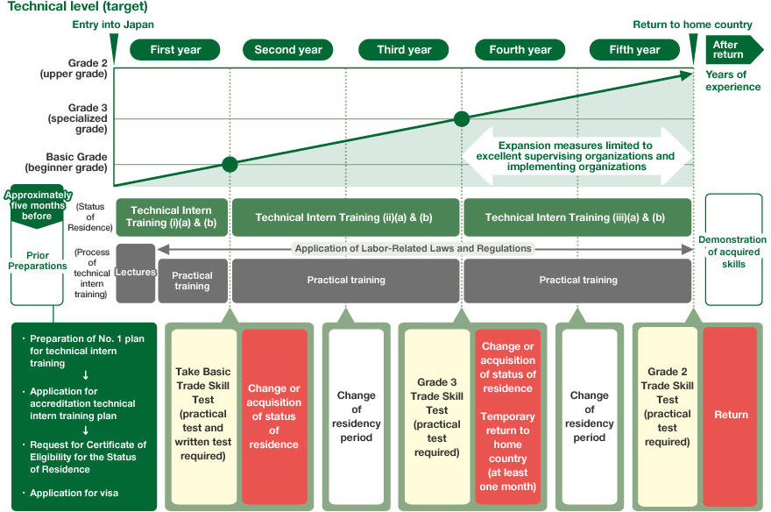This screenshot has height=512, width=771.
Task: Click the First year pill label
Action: pos(175,50)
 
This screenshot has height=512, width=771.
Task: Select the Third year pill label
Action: pos(404,50)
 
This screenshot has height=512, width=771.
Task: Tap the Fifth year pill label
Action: pos(634,50)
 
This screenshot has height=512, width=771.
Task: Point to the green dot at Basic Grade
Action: pos(230,164)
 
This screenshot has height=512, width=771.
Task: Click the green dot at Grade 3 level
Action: pos(462,118)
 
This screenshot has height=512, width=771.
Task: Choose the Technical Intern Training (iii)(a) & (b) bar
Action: pos(576,217)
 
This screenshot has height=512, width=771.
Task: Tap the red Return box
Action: pos(730,414)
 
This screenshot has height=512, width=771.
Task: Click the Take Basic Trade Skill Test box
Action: pos(203,414)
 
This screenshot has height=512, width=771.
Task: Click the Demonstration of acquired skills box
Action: pos(733,252)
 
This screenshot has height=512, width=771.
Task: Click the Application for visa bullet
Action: pos(74,493)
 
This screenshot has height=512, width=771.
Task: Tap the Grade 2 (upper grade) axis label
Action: pos(74,68)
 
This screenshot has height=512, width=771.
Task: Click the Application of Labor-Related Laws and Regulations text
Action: pos(414,249)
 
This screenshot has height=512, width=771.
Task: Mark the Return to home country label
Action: pos(692,25)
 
